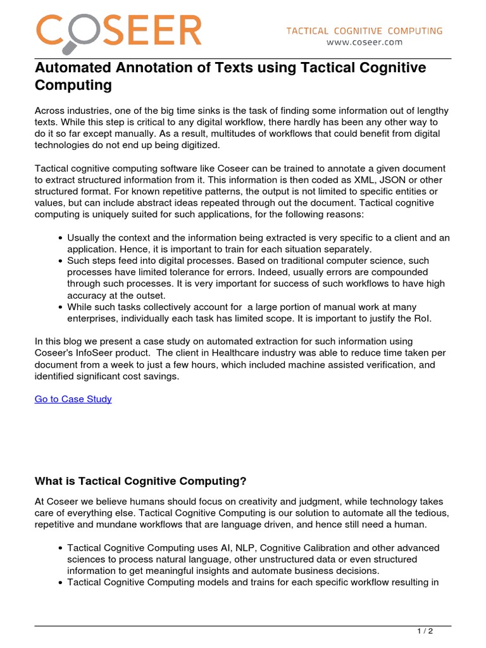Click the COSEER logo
coord(118,30)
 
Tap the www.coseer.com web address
coord(364,42)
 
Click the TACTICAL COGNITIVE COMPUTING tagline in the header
coord(364,30)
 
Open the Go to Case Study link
coord(73,399)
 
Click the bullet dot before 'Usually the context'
coord(59,238)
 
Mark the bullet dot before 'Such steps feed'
coord(59,261)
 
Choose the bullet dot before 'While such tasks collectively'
coord(59,306)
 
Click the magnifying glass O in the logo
coord(77,34)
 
